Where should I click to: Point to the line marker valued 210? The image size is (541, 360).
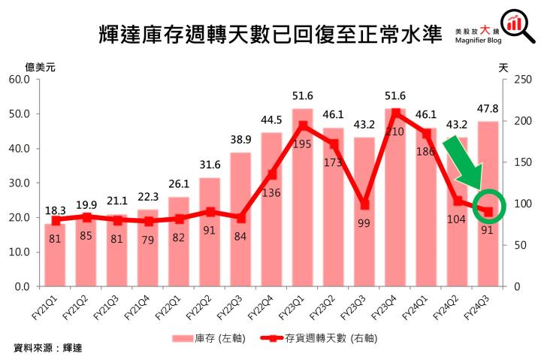pos(395,113)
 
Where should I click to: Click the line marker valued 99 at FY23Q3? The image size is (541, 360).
pos(364,204)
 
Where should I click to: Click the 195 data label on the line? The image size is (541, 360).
pos(302,144)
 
